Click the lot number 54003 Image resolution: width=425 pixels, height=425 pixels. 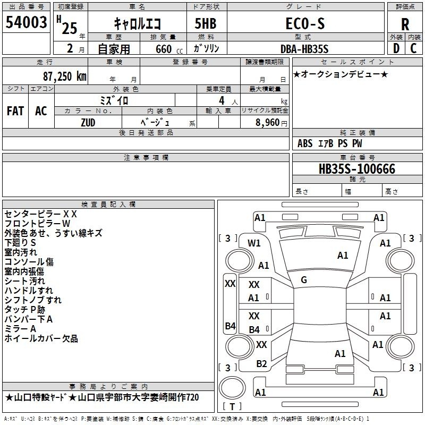[x=26, y=22]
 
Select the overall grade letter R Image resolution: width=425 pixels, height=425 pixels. [x=405, y=24]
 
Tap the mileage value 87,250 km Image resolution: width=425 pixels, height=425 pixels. [x=65, y=76]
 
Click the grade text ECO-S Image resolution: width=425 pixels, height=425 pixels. [x=305, y=23]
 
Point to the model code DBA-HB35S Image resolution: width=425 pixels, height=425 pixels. [x=304, y=49]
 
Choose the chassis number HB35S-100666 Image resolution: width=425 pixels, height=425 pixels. [x=357, y=169]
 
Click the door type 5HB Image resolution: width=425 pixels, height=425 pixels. [x=206, y=23]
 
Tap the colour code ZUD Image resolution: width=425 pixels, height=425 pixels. [x=88, y=123]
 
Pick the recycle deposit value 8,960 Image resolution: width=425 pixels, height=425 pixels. [x=268, y=123]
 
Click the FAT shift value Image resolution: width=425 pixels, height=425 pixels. [x=15, y=111]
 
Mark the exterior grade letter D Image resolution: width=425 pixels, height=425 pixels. [x=396, y=48]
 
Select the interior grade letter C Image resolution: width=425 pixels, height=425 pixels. [x=413, y=48]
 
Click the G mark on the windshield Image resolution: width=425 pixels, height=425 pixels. [x=304, y=280]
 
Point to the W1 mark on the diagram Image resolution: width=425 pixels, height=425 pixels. [x=254, y=243]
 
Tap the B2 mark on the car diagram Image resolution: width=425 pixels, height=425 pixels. [x=261, y=364]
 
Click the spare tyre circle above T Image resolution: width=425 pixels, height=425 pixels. [x=232, y=388]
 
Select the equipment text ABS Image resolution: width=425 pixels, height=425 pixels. [x=305, y=143]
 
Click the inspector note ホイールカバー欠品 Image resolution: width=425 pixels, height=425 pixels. [x=41, y=338]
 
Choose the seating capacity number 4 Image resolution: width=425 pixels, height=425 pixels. [x=222, y=101]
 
